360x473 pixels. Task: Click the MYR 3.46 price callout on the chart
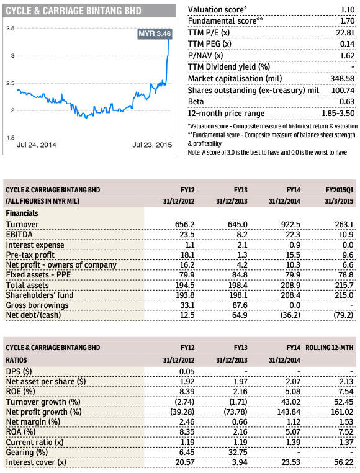pyautogui.click(x=155, y=34)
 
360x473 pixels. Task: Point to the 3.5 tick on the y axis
pyautogui.click(x=11, y=29)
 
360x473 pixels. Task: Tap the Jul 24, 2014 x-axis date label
pyautogui.click(x=37, y=145)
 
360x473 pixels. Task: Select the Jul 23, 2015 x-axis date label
pyautogui.click(x=152, y=145)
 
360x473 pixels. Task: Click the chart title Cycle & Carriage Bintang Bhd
pyautogui.click(x=74, y=11)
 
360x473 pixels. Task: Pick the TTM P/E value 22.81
pyautogui.click(x=345, y=32)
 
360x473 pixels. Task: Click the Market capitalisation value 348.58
pyautogui.click(x=343, y=79)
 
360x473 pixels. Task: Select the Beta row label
pyautogui.click(x=196, y=102)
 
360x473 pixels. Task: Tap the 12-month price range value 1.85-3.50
pyautogui.click(x=338, y=114)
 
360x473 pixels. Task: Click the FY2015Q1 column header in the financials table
pyautogui.click(x=340, y=190)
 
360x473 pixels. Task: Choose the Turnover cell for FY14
pyautogui.click(x=290, y=225)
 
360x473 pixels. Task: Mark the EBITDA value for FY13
pyautogui.click(x=242, y=235)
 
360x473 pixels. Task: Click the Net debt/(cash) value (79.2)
pyautogui.click(x=343, y=315)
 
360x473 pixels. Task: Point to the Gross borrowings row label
pyautogui.click(x=37, y=305)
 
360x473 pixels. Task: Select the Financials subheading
pyautogui.click(x=22, y=214)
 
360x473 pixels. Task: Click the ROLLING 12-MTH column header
pyautogui.click(x=329, y=348)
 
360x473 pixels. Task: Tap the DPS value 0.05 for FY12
pyautogui.click(x=187, y=372)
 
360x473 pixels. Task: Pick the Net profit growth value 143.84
pyautogui.click(x=289, y=412)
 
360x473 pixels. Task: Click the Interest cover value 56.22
pyautogui.click(x=344, y=462)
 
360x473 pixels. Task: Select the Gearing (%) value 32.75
pyautogui.click(x=238, y=452)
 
